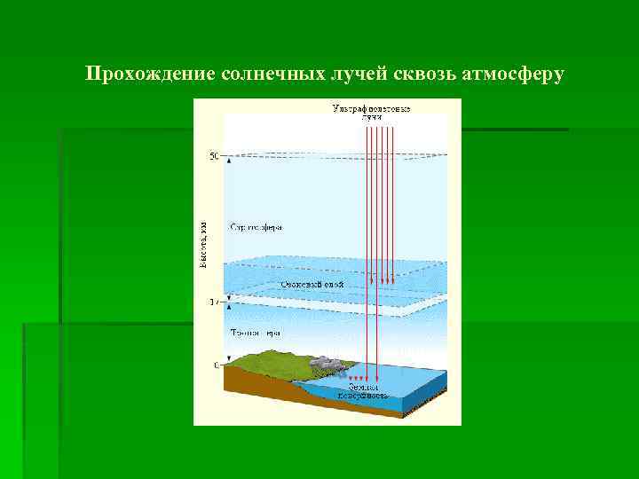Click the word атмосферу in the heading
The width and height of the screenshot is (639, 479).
(513, 74)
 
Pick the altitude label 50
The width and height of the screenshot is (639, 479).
(213, 157)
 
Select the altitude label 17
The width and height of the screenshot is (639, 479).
(213, 302)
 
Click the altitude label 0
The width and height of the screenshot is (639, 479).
(215, 365)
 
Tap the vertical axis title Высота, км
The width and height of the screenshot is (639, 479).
(202, 245)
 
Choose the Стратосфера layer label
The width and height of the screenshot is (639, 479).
(256, 227)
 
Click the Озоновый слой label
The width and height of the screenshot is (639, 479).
(312, 285)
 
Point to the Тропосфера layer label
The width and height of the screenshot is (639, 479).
(256, 334)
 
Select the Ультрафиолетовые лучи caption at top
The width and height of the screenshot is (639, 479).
(371, 113)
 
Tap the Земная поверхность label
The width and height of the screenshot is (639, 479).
(362, 391)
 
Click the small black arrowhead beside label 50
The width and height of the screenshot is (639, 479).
(228, 161)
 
